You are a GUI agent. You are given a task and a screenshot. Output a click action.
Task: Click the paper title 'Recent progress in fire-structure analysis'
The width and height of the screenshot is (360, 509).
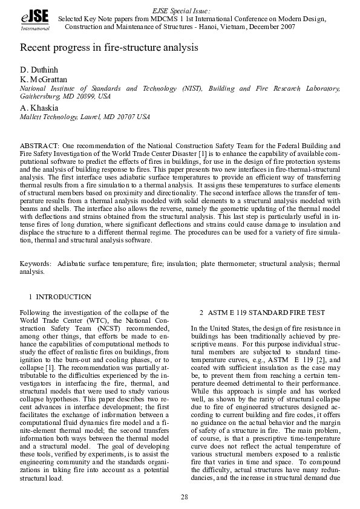click(110, 47)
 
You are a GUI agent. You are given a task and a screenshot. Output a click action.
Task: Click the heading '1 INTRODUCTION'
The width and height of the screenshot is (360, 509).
click(60, 297)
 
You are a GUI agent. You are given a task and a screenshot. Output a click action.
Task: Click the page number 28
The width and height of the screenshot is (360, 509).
click(184, 497)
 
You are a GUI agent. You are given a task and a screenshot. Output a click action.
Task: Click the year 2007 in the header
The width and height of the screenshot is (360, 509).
click(284, 27)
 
